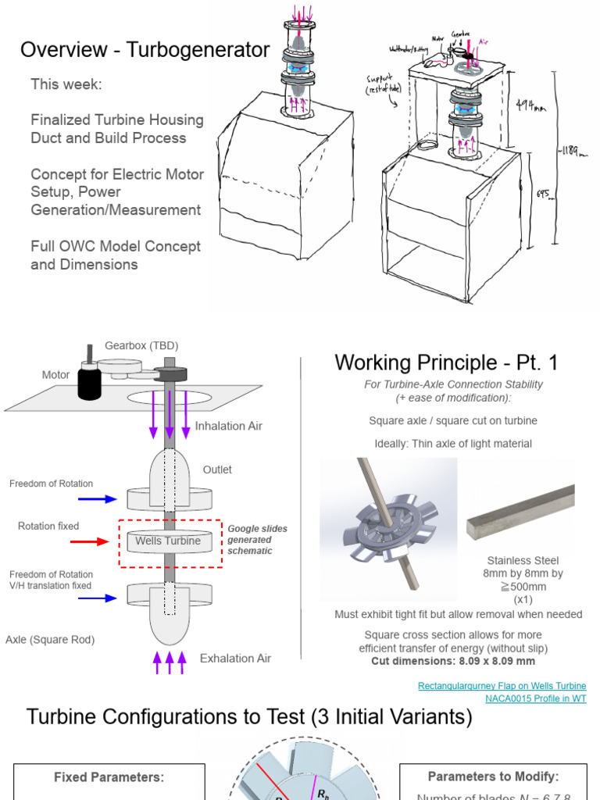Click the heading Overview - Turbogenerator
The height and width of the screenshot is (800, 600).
[x=145, y=51]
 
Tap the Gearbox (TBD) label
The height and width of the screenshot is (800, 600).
[x=136, y=345]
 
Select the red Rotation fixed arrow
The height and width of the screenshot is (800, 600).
[x=91, y=541]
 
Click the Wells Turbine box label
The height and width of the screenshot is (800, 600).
[x=168, y=541]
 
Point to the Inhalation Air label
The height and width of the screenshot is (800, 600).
[x=229, y=426]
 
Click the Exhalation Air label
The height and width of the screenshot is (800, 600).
[x=235, y=658]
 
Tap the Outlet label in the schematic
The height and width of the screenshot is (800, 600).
[x=217, y=470]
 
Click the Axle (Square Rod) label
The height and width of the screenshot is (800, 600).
[x=50, y=639]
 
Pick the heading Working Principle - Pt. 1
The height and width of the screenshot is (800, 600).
[x=447, y=362]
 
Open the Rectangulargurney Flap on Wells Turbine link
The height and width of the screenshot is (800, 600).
[x=502, y=686]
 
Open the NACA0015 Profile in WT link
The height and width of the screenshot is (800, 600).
[x=535, y=698]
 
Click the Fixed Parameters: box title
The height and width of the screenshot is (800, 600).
[x=109, y=777]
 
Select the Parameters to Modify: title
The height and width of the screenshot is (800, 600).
[x=493, y=777]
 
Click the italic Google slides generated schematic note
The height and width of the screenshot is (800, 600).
[x=257, y=540]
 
